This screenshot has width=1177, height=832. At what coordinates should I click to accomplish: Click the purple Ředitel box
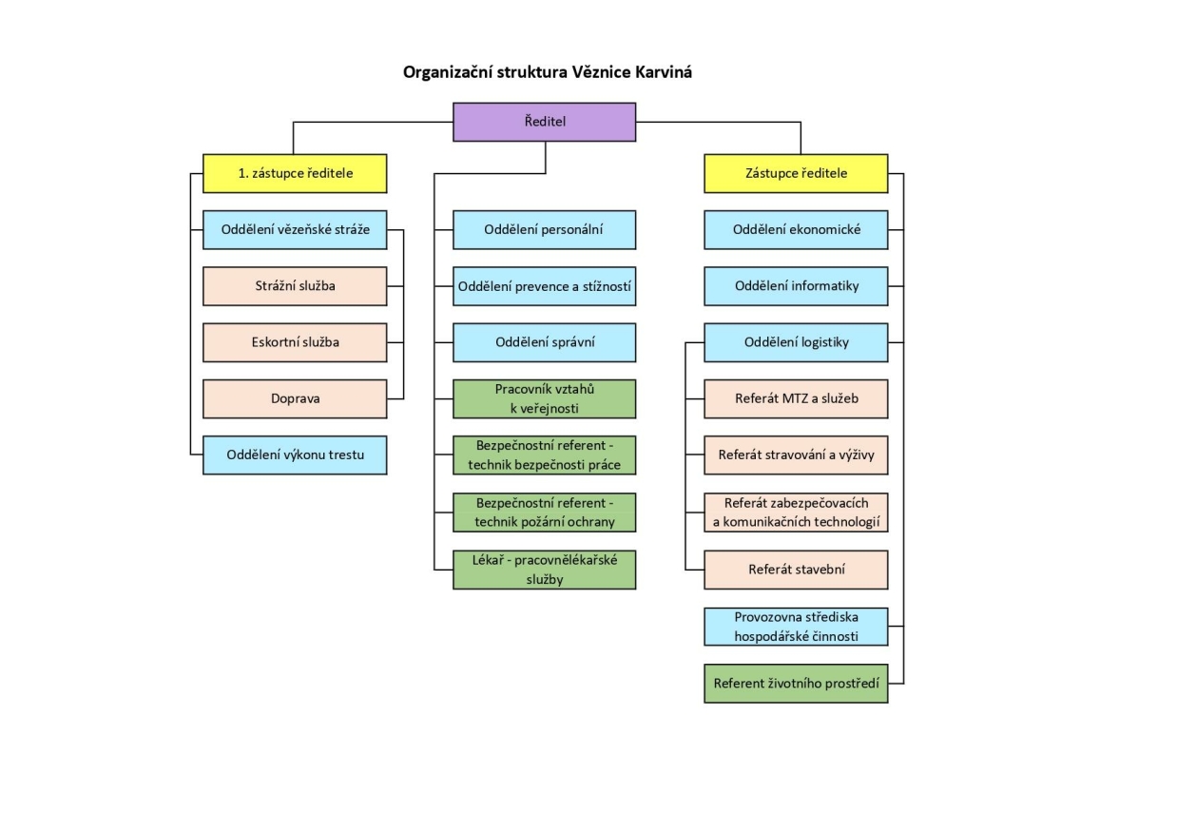pos(544,122)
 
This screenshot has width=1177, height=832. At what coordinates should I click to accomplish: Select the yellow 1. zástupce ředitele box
pos(295,173)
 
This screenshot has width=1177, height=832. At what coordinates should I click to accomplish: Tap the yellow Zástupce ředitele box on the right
pos(796,173)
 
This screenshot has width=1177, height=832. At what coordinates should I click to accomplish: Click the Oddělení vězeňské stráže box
pos(295,229)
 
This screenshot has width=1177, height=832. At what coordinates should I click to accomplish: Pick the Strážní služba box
pos(295,286)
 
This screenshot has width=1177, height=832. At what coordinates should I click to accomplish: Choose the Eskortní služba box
pos(295,342)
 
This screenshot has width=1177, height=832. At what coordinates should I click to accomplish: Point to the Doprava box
pos(295,399)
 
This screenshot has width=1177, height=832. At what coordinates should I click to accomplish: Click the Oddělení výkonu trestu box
pos(295,455)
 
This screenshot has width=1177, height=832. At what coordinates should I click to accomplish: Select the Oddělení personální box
pos(544,229)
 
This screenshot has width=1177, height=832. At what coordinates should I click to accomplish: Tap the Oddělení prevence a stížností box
pos(544,286)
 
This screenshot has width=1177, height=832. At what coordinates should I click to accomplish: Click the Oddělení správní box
pos(544,342)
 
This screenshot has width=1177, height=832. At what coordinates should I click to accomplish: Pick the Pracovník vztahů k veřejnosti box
pos(544,399)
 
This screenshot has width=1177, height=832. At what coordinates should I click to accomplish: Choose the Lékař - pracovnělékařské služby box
pos(544,569)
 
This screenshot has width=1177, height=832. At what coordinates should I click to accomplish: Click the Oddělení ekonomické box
pos(796,229)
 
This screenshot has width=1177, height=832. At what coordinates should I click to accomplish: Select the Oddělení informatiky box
pos(796,286)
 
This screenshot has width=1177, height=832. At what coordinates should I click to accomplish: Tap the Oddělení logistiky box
pos(796,342)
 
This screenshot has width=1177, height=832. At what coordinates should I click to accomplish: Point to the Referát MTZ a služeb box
pos(796,399)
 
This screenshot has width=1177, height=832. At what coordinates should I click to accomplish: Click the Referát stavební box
pos(796,569)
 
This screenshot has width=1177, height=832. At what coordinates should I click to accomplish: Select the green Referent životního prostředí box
pos(796,683)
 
